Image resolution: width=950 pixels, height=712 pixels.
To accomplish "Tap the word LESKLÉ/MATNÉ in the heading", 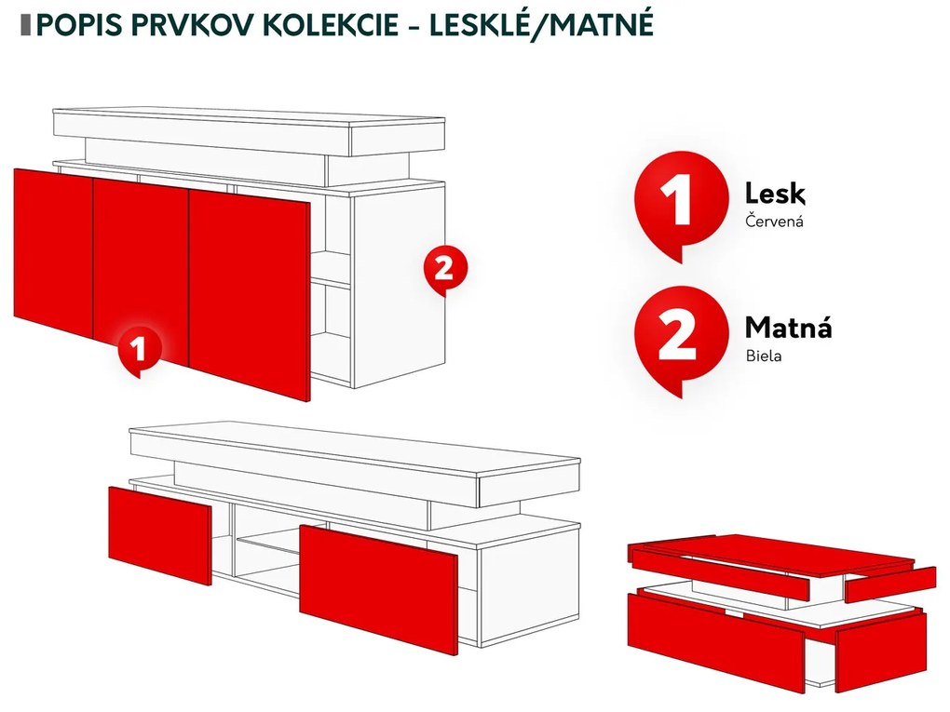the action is click(x=542, y=25).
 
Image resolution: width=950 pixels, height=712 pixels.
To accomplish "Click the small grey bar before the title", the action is click(x=25, y=25).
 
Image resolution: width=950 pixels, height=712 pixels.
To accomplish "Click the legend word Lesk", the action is click(x=775, y=194).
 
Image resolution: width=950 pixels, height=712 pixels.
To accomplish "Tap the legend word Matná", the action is click(x=788, y=328).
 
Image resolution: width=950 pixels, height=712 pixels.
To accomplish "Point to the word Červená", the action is click(x=774, y=221).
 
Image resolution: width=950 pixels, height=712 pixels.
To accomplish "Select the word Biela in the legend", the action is click(x=764, y=356).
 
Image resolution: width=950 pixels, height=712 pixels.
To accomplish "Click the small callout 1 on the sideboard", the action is click(x=140, y=350).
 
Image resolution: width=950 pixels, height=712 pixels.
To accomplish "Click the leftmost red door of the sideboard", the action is click(x=53, y=253).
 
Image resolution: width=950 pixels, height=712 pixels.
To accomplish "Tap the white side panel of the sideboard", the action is click(x=398, y=285).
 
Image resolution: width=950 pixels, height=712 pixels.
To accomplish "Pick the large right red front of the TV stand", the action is click(x=379, y=588).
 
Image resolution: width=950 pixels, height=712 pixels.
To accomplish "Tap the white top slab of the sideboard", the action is click(x=249, y=131).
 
